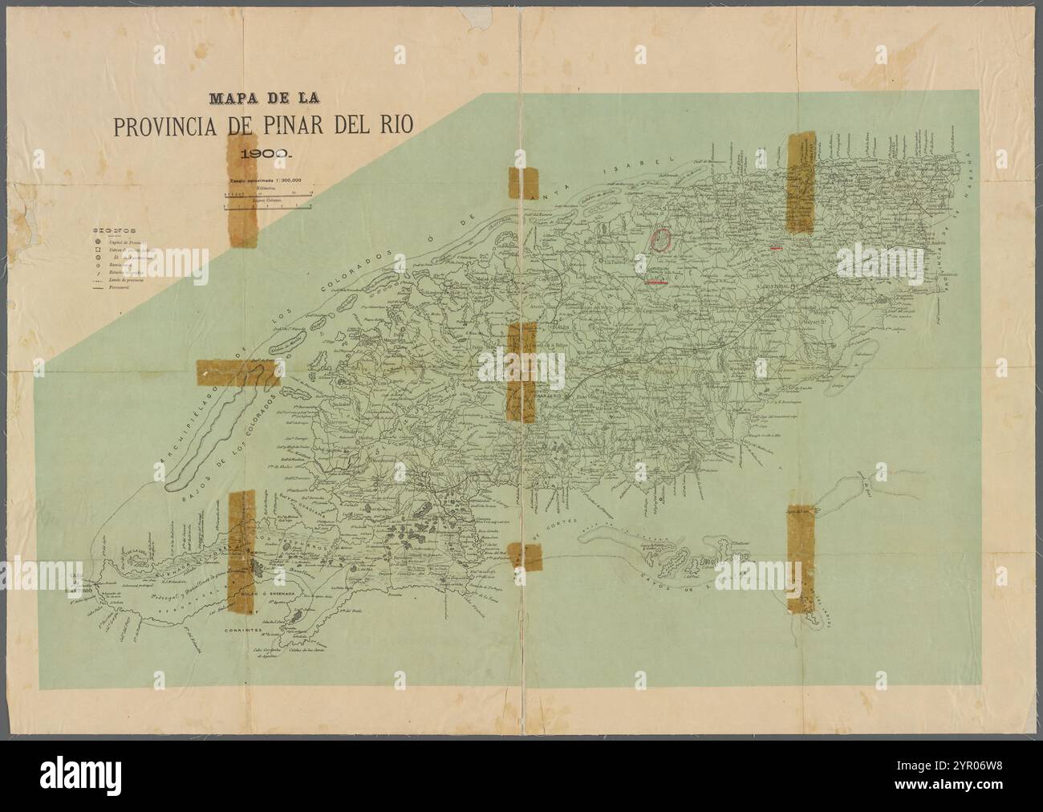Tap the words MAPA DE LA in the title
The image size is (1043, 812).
[x=264, y=99]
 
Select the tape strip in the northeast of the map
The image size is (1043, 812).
[x=800, y=183]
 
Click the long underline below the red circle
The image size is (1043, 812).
[x=657, y=282]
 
